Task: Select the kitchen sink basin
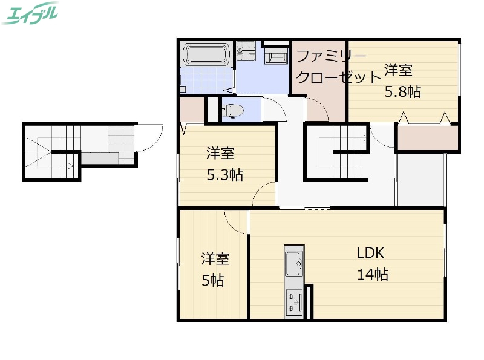(x=294, y=263)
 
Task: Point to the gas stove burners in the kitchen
(x=295, y=301)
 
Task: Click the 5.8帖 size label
(x=403, y=92)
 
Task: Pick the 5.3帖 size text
(x=224, y=175)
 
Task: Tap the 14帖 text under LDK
(x=372, y=274)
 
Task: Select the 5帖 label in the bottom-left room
(x=212, y=281)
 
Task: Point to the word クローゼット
(x=339, y=77)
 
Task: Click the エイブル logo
(x=30, y=13)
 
